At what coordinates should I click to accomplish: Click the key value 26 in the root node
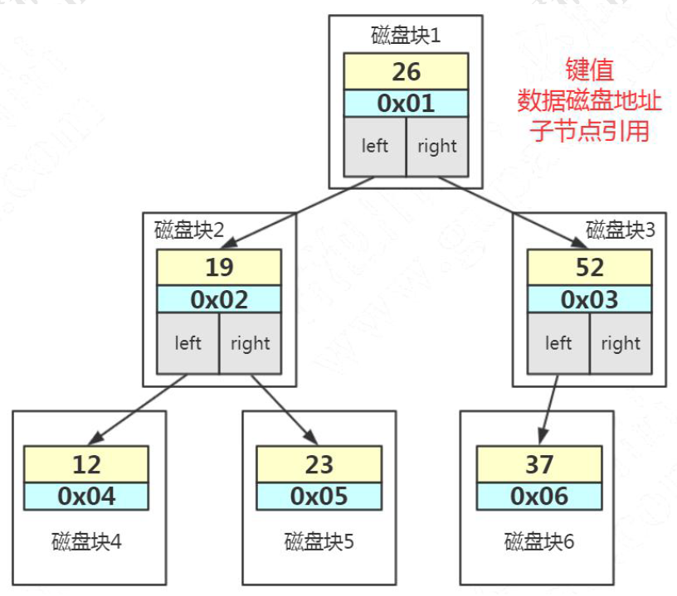tap(406, 71)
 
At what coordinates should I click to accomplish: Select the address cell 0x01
tap(406, 104)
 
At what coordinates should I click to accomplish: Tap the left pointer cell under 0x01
tap(375, 147)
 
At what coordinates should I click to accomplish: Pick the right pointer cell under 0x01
tap(437, 147)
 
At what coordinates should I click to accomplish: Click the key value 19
tap(219, 268)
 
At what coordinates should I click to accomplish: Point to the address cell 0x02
tap(219, 299)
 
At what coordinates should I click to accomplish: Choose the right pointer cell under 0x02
tap(251, 343)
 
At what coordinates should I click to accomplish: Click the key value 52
tap(589, 268)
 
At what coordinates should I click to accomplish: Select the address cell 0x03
tap(589, 299)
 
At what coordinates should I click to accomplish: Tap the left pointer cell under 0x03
tap(558, 343)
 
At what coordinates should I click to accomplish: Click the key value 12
tap(86, 464)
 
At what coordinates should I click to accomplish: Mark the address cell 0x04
tap(86, 497)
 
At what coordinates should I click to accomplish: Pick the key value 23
tap(319, 464)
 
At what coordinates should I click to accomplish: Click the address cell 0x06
tap(539, 497)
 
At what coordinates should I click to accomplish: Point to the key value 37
tap(539, 464)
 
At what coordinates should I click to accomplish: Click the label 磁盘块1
tap(406, 36)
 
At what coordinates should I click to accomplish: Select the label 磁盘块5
tap(319, 541)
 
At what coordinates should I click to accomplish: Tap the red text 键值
tap(589, 70)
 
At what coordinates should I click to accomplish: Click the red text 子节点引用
tap(589, 131)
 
